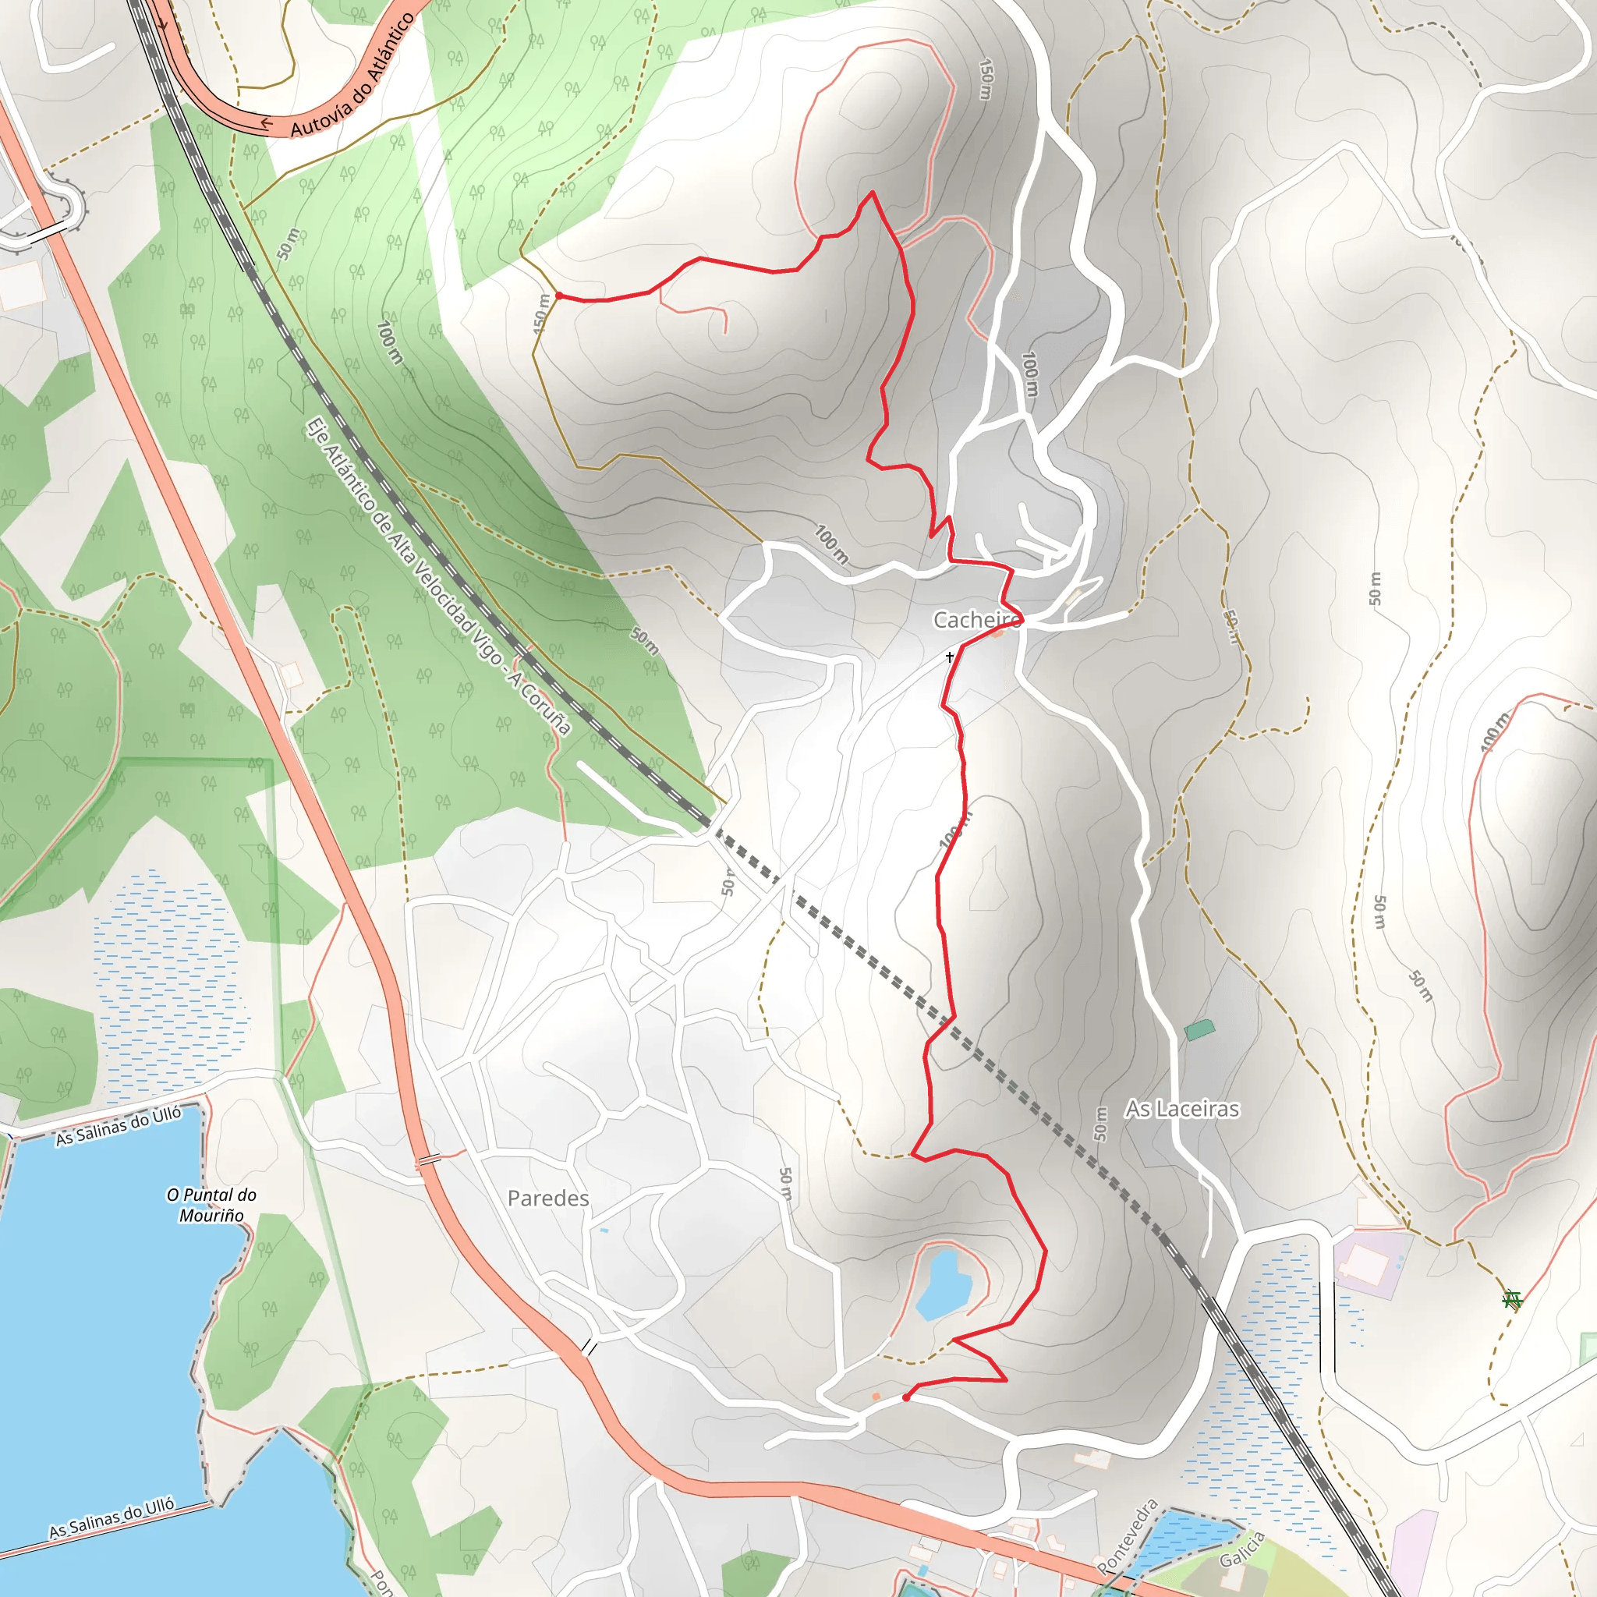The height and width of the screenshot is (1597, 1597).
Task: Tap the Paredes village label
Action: (x=548, y=1199)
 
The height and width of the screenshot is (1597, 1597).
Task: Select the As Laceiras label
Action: (x=1182, y=1110)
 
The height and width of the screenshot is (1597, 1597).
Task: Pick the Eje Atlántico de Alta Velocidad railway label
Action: (x=438, y=577)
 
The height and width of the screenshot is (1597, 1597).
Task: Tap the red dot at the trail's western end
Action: (x=559, y=295)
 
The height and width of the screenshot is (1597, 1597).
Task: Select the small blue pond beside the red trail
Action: (x=942, y=1285)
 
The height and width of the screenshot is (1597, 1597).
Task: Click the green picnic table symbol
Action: (x=1512, y=1299)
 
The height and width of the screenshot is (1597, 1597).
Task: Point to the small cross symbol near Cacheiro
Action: (x=950, y=657)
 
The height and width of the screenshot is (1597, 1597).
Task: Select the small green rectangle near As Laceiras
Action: (x=1199, y=1030)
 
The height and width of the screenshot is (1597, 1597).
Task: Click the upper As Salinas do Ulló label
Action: (x=119, y=1126)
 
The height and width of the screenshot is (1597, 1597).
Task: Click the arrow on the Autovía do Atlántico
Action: (x=266, y=124)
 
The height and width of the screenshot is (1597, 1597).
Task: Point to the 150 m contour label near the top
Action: (x=986, y=79)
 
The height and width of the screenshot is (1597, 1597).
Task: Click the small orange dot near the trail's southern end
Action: (x=876, y=1396)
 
